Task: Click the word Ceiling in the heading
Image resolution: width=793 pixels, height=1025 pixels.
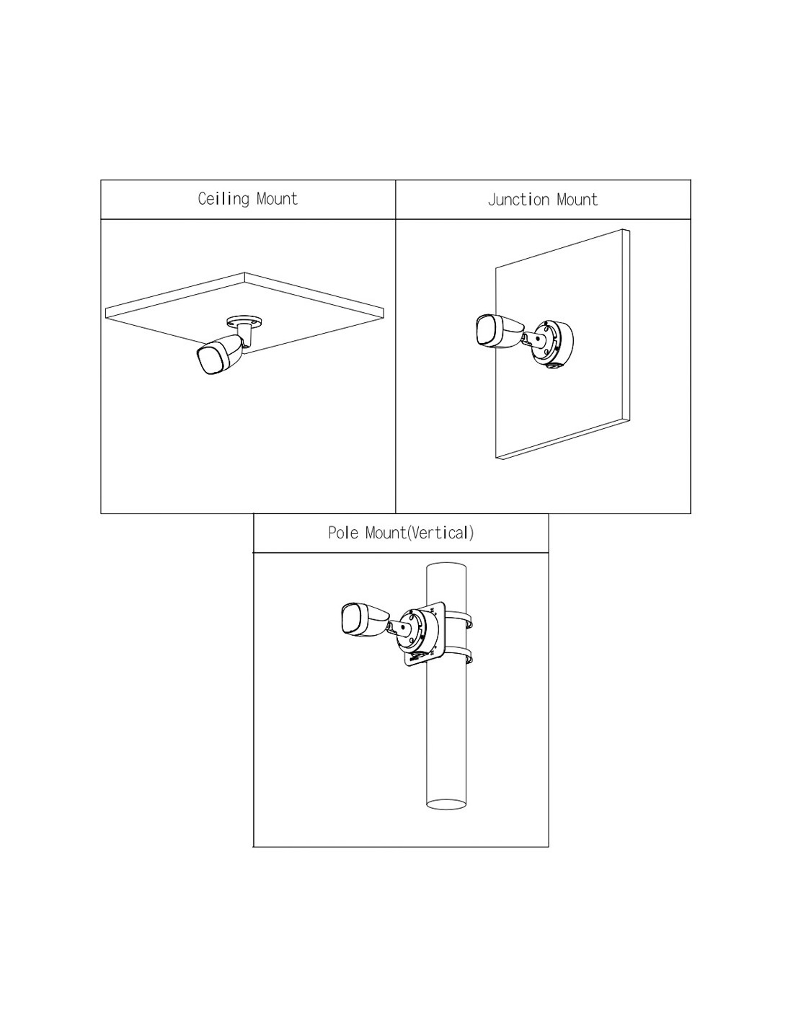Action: (x=223, y=199)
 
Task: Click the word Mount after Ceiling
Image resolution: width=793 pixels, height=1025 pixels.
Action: (x=277, y=199)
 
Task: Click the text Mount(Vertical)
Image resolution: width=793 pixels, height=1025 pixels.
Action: (x=420, y=533)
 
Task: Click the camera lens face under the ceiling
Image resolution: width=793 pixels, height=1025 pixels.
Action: (x=211, y=360)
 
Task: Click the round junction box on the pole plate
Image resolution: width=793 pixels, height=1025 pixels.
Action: (x=419, y=631)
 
